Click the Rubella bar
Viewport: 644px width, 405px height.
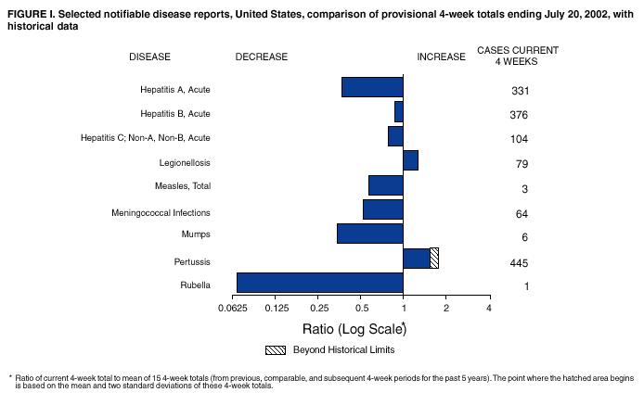[x=319, y=283]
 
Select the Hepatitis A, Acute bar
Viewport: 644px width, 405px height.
[x=372, y=86]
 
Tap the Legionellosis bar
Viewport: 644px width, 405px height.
[x=410, y=160]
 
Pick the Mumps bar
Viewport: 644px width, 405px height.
[x=369, y=234]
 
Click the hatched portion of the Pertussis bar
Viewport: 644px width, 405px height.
[x=434, y=258]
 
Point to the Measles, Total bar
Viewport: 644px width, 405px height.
[x=385, y=185]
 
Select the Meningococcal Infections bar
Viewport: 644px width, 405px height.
[x=382, y=209]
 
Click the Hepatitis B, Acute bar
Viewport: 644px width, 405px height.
[x=399, y=111]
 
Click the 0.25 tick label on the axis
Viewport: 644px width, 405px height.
[x=319, y=308]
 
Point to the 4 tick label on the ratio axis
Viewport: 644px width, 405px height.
[x=488, y=308]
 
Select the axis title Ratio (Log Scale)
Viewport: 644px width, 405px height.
[x=353, y=328]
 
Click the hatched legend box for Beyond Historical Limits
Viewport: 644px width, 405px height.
[x=274, y=349]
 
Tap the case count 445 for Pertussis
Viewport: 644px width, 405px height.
[x=520, y=262]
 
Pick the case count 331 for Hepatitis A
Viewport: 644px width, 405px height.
[x=520, y=91]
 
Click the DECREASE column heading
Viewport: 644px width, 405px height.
[x=262, y=57]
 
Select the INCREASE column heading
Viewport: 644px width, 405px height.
[x=441, y=57]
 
